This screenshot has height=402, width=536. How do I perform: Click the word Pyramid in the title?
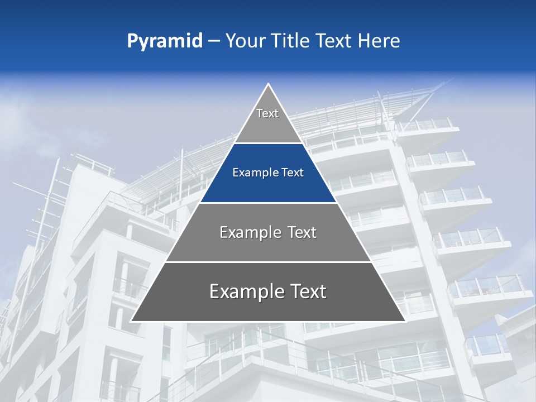[x=165, y=41]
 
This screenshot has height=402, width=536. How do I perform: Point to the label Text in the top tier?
[x=267, y=113]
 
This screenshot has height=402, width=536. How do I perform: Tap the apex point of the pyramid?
[x=269, y=84]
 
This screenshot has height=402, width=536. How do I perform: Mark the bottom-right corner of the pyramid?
[x=405, y=321]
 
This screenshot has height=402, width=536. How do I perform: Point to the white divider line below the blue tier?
[x=268, y=203]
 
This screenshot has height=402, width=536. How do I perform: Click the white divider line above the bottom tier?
[x=268, y=262]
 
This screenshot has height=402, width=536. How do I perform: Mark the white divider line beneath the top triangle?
[x=268, y=143]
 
